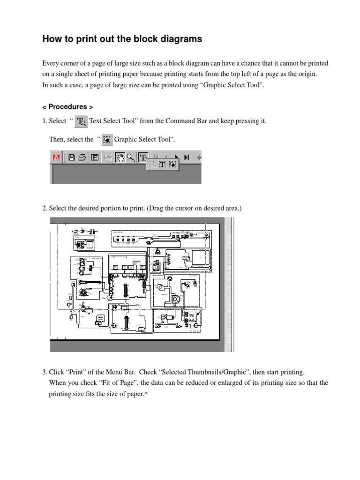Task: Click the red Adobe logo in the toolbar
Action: (x=56, y=157)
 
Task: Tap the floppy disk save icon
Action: (x=72, y=157)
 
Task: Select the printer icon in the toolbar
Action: (x=82, y=157)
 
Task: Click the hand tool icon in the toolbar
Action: (x=120, y=157)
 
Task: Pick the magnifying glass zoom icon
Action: (x=131, y=157)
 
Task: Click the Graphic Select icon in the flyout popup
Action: (x=173, y=164)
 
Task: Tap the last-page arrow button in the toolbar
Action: (x=187, y=157)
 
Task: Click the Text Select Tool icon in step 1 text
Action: (x=82, y=121)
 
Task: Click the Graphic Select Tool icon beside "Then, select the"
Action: (x=107, y=139)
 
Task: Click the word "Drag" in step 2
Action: (x=158, y=208)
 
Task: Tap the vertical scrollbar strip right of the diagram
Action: (x=229, y=281)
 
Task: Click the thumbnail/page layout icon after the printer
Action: (x=94, y=157)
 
